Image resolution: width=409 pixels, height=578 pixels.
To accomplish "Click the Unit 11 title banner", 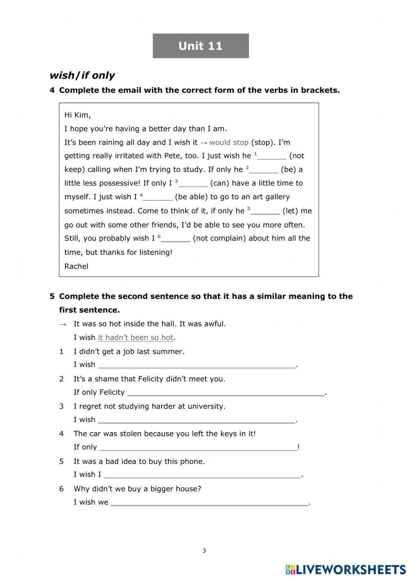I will click(200, 46).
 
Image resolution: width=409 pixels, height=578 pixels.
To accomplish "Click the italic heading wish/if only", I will click(82, 75).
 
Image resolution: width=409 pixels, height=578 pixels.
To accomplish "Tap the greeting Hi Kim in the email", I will click(77, 115).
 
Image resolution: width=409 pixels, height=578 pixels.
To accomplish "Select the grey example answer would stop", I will click(229, 142).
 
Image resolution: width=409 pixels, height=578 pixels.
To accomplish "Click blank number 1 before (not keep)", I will click(272, 156).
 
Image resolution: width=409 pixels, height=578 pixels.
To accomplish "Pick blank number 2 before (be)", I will click(263, 170).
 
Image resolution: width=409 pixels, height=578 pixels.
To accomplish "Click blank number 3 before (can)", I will click(193, 184).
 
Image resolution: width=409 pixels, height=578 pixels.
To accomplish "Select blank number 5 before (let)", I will click(265, 211).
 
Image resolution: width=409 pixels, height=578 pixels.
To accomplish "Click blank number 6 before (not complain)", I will click(175, 239).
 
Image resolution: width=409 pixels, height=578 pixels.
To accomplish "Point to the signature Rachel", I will click(76, 266).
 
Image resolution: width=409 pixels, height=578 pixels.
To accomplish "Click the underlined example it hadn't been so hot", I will click(135, 337).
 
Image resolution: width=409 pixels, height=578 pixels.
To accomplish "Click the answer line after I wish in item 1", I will click(196, 365).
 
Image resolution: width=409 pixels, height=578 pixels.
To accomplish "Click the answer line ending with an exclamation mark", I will click(198, 448).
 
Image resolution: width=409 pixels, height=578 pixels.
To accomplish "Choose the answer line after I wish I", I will click(202, 475).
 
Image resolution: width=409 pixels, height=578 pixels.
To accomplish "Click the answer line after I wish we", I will click(209, 503).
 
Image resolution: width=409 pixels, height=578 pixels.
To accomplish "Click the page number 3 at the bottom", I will click(204, 551).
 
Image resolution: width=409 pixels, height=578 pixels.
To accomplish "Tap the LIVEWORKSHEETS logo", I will click(345, 569).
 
